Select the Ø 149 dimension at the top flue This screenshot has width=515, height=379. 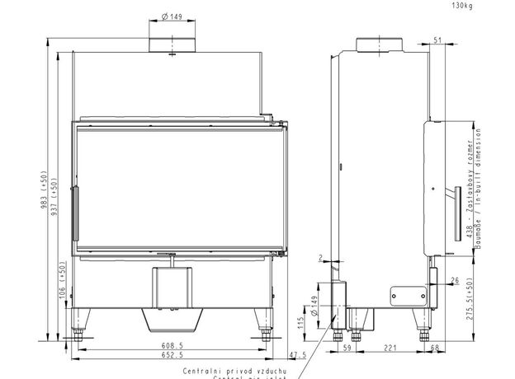[x=172, y=18]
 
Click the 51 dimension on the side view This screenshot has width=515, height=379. [x=437, y=39]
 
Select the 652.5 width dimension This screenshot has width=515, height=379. [x=172, y=356]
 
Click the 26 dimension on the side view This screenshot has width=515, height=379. [x=456, y=280]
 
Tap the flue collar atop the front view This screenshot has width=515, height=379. [x=172, y=44]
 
